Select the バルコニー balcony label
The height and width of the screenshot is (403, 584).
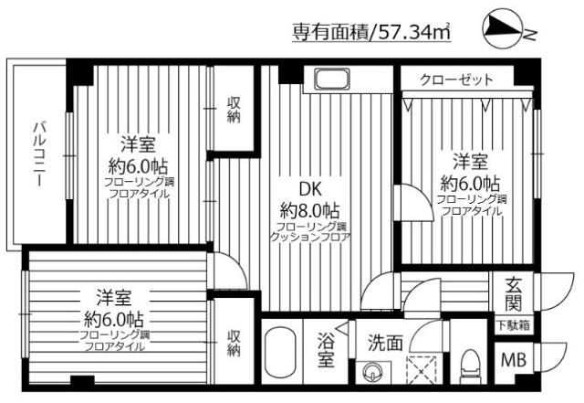pyautogui.click(x=40, y=154)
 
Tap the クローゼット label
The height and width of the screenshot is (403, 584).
pyautogui.click(x=456, y=80)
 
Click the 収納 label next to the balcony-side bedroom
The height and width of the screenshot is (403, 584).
pyautogui.click(x=234, y=109)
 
